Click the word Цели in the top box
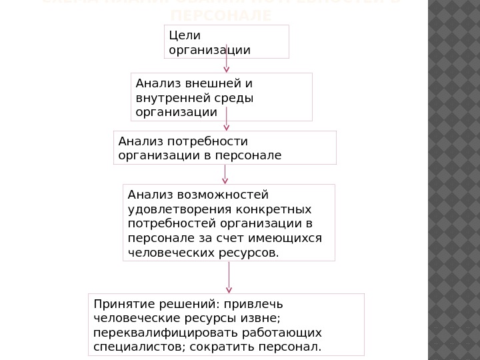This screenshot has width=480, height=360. pos(183,34)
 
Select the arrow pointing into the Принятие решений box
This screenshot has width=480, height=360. pos(229,277)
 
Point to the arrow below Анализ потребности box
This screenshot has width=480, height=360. pos(225,174)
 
